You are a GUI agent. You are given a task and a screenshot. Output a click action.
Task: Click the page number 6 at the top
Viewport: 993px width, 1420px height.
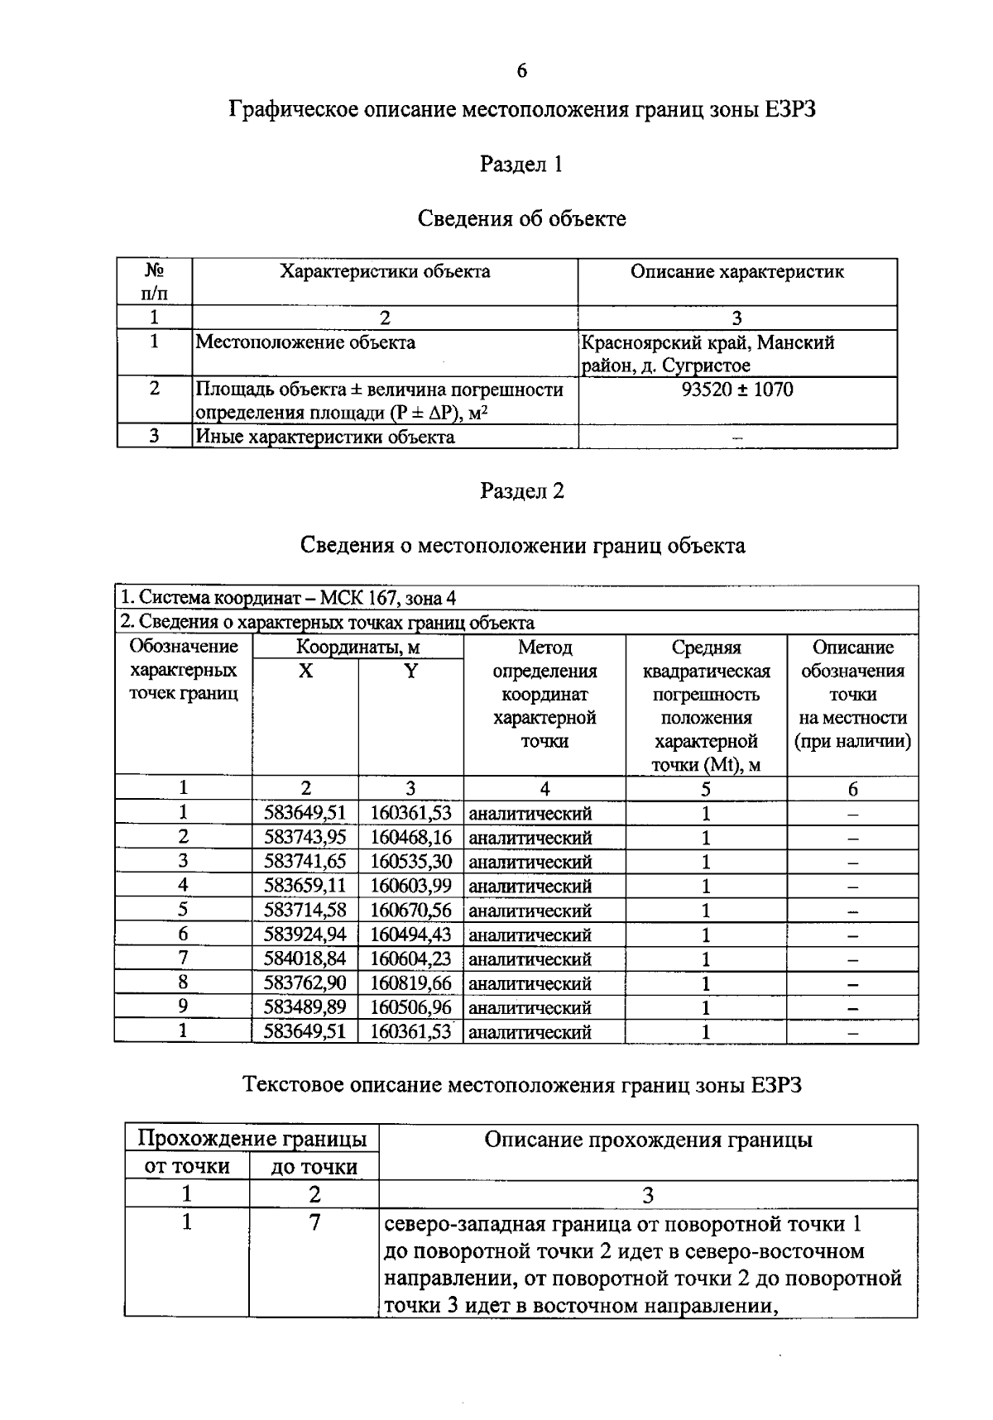[x=521, y=71]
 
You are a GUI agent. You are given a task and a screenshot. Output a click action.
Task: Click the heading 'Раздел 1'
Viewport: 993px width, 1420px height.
[x=521, y=165]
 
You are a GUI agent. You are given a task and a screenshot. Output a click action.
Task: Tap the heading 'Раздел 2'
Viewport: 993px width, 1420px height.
[x=522, y=491]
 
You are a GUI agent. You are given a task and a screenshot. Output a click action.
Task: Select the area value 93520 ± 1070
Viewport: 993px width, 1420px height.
[x=736, y=390]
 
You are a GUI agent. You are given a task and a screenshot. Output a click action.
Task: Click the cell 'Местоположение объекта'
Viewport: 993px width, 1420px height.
[x=305, y=342]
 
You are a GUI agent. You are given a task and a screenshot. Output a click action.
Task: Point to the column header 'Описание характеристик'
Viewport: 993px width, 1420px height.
[x=736, y=272]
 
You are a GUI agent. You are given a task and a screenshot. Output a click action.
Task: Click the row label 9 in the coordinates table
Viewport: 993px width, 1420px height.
[x=183, y=1006]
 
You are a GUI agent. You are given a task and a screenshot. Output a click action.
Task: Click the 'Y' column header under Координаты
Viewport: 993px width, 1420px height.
[x=410, y=671]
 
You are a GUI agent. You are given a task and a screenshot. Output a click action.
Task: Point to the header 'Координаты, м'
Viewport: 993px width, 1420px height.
[x=357, y=647]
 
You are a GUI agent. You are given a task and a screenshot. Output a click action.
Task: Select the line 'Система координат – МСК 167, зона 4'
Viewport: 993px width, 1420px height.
[x=289, y=598]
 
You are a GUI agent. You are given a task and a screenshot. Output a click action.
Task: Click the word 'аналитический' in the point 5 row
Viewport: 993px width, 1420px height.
[x=530, y=911]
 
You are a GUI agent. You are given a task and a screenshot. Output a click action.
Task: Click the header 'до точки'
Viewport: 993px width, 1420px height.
[x=314, y=1167]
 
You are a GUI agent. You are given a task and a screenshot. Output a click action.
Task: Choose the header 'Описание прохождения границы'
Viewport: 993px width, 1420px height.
[x=648, y=1140]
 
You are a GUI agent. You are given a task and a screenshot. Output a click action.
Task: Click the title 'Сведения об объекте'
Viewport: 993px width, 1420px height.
[x=521, y=219]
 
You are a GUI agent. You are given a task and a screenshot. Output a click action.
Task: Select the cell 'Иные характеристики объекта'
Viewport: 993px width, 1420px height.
[x=325, y=437]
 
